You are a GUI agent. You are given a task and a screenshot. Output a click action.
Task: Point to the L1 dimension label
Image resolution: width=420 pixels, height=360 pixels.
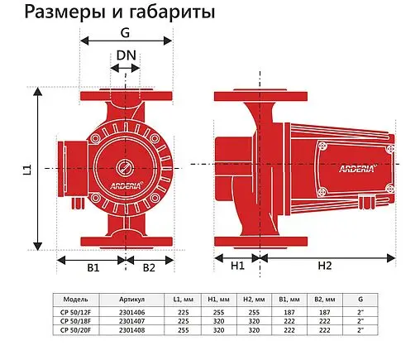26,170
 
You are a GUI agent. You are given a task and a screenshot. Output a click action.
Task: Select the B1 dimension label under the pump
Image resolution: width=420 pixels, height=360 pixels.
93,268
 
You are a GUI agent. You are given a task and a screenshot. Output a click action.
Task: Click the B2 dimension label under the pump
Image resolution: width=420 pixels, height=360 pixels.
150,268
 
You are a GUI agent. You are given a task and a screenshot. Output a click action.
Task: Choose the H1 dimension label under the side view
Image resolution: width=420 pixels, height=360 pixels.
237,266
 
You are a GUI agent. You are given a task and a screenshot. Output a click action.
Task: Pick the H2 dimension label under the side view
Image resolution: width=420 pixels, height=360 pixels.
324,266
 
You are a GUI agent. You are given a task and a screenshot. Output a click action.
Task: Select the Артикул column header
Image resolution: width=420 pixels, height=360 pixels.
131,298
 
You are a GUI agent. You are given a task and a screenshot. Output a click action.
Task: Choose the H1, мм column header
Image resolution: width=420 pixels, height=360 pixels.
217,298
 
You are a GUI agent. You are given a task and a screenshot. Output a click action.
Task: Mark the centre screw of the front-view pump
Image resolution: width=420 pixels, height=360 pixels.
126,166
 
